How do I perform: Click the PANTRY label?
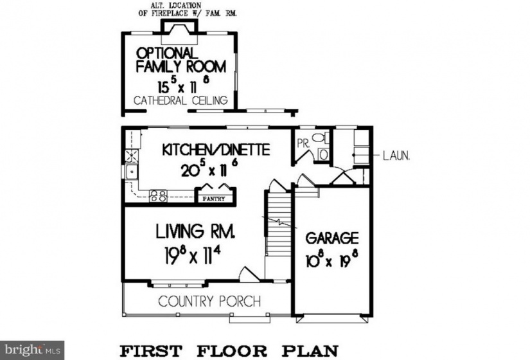click(x=214, y=199)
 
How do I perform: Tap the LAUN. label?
click(x=396, y=156)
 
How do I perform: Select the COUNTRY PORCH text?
click(x=209, y=301)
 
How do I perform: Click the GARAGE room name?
click(x=332, y=239)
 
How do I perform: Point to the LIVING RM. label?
click(x=195, y=231)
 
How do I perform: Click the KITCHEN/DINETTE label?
click(x=216, y=150)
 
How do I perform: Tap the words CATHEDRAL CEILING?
click(x=181, y=100)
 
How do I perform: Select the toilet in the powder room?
click(x=320, y=138)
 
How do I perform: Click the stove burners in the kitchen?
click(x=159, y=196)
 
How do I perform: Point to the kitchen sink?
click(x=131, y=172)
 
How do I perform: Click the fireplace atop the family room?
click(x=179, y=32)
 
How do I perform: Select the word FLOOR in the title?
click(x=232, y=351)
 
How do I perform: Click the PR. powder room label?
click(x=303, y=143)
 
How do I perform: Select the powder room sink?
click(x=323, y=155)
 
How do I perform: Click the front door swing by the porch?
click(x=249, y=274)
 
